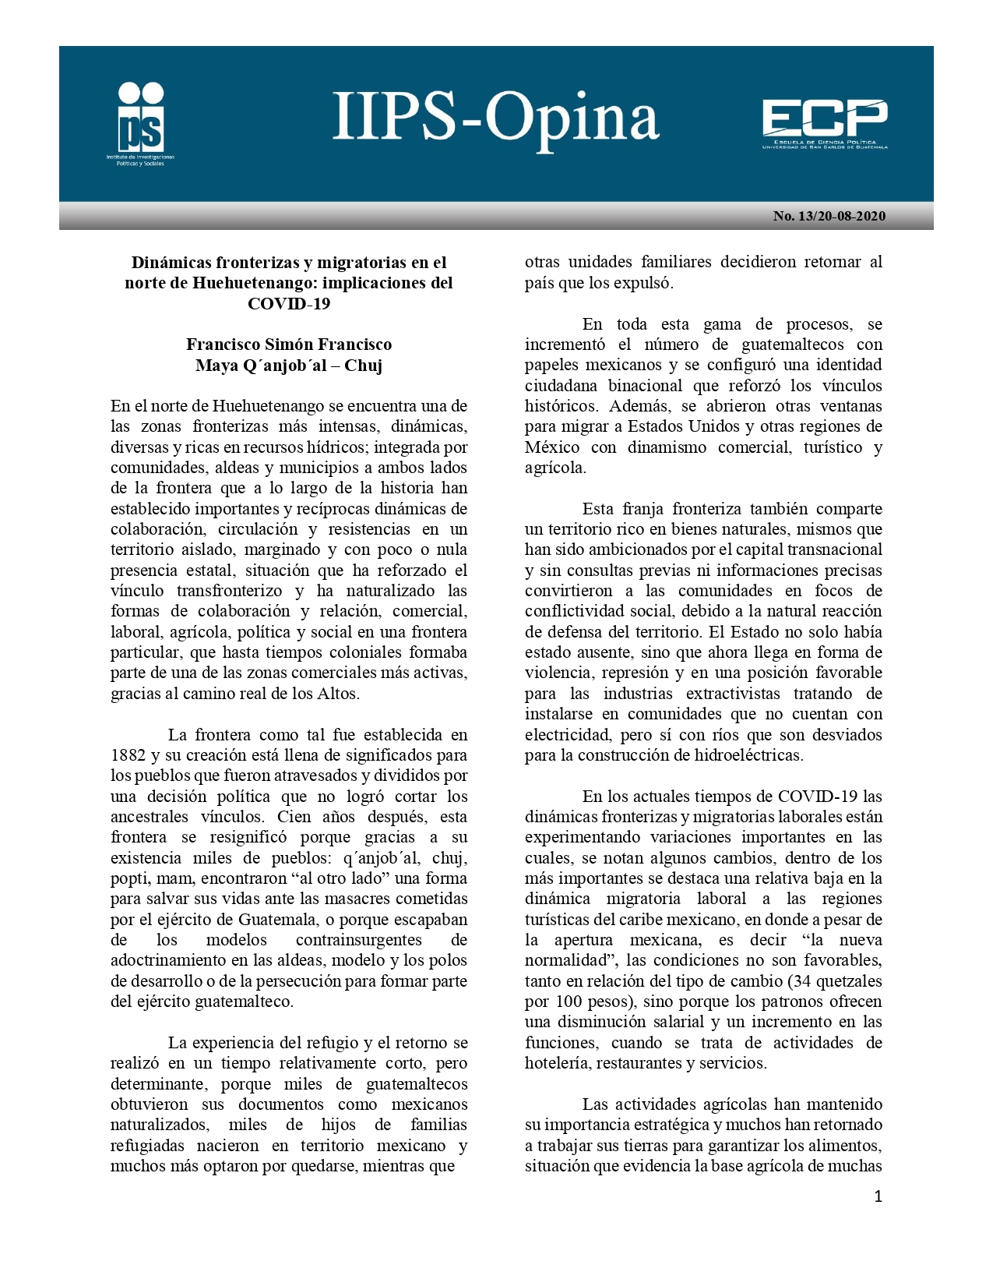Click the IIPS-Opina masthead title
[x=496, y=117]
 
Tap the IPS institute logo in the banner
[x=141, y=123]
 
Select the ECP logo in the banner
[x=825, y=123]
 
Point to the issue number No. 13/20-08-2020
[x=829, y=216]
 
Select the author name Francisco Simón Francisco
[x=289, y=344]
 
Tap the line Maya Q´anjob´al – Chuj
[x=289, y=365]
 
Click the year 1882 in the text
[x=128, y=755]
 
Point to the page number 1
[x=879, y=1196]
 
